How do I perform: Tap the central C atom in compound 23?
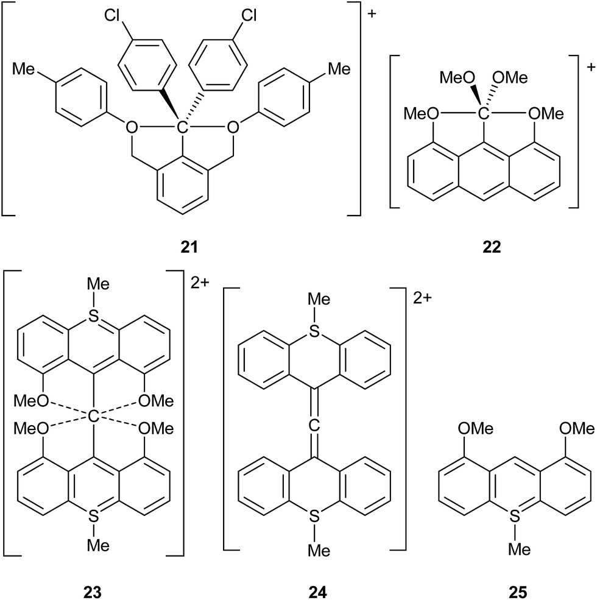[x=93, y=417]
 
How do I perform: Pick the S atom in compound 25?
[x=515, y=518]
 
